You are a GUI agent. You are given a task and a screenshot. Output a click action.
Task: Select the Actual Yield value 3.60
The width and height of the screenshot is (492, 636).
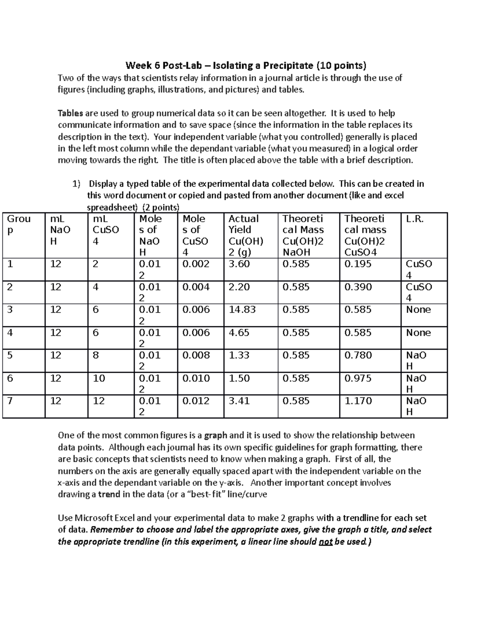[239, 264]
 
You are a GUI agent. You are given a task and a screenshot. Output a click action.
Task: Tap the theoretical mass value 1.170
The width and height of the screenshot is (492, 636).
[358, 401]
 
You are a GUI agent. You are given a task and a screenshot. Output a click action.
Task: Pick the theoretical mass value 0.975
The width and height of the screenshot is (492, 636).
[358, 378]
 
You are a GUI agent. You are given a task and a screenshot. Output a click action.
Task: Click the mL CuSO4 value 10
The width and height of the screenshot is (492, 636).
[99, 378]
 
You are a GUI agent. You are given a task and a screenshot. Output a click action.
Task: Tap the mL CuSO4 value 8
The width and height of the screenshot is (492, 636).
[96, 355]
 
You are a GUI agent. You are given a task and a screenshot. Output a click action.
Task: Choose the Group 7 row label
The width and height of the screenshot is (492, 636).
[10, 401]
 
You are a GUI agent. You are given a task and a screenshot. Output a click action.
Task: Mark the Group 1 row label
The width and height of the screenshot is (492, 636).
[10, 264]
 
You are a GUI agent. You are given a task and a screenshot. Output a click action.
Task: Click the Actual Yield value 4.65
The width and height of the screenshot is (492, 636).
[239, 333]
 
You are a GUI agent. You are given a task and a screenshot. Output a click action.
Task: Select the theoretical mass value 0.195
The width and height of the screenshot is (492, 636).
[358, 264]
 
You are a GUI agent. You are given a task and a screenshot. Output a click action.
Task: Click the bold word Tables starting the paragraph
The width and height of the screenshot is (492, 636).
[70, 113]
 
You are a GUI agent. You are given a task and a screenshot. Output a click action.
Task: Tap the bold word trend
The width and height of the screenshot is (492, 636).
[109, 494]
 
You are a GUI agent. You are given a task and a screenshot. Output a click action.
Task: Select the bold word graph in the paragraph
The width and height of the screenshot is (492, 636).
[216, 435]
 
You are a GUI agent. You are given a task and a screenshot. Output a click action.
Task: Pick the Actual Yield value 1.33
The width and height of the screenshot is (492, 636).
[239, 355]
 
